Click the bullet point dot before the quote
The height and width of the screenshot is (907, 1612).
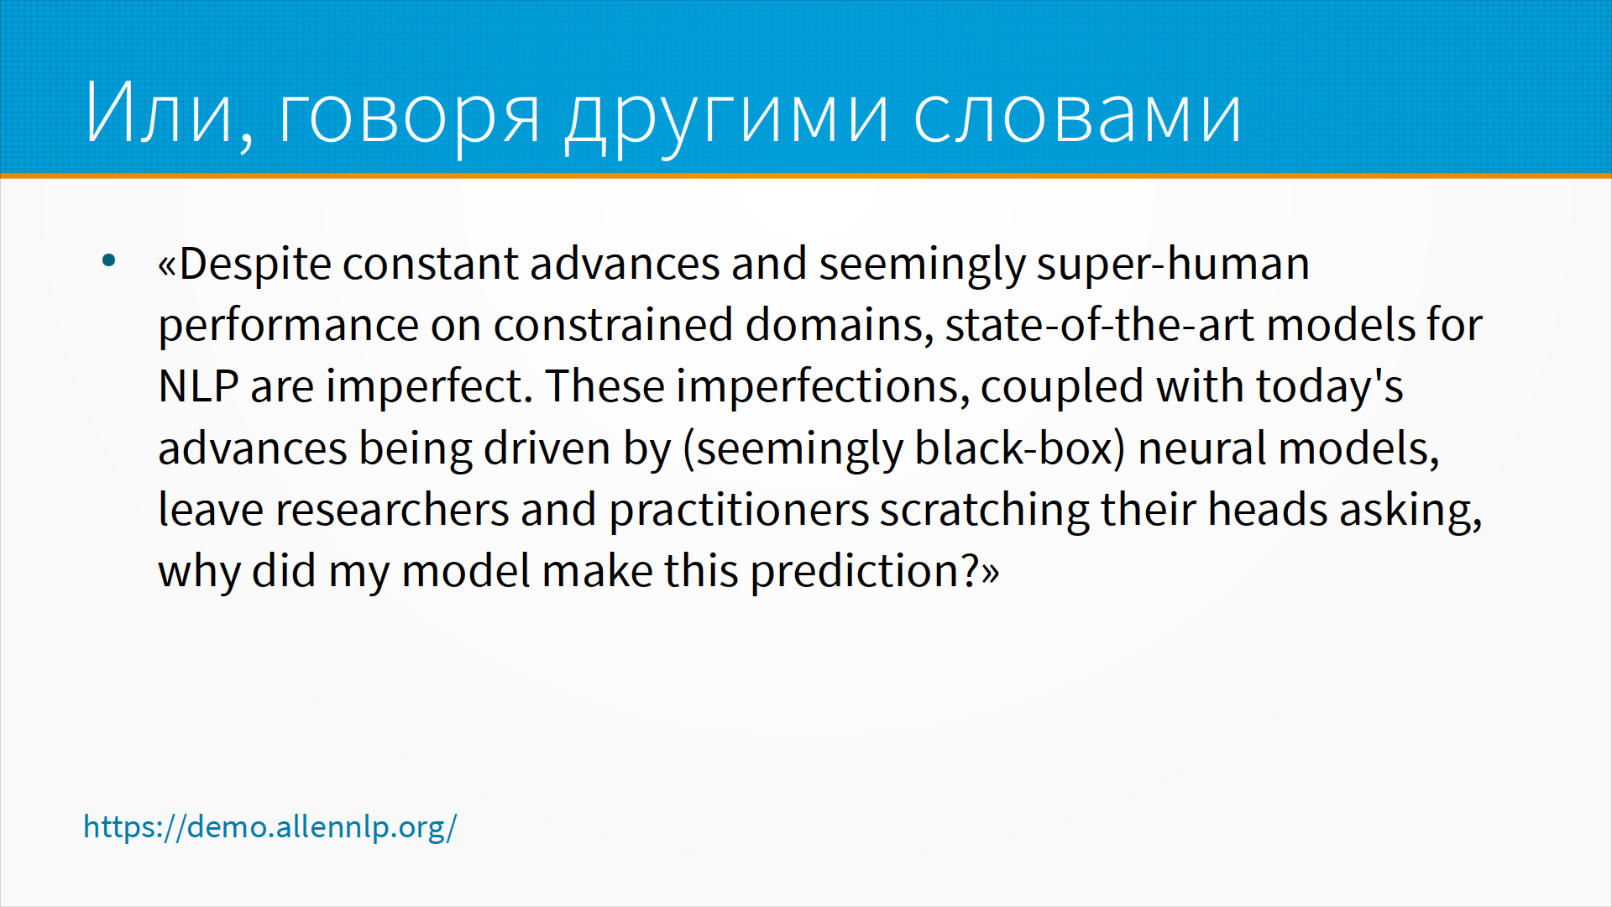coord(108,260)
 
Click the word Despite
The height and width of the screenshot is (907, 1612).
coord(255,265)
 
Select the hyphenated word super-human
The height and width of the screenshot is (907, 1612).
coord(1173,265)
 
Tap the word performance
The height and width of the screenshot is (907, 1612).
coord(289,326)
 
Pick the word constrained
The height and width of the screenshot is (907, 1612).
coord(613,325)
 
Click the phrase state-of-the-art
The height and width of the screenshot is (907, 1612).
coord(1100,325)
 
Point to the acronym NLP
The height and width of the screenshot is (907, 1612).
coord(198,386)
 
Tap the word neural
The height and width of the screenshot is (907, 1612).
coord(1197,448)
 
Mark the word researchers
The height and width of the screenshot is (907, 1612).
coord(392,510)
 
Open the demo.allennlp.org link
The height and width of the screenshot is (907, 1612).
coord(270,827)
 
